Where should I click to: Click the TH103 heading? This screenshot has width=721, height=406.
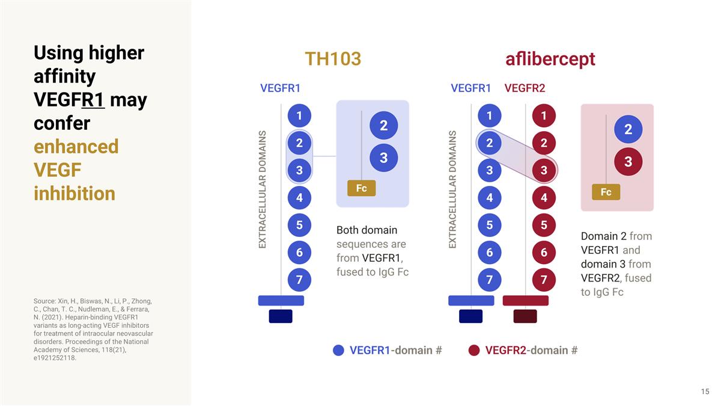(332, 59)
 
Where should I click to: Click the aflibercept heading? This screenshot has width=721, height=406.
(550, 59)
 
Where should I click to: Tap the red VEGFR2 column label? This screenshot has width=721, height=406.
(525, 88)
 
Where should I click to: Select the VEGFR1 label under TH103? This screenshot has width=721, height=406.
(280, 88)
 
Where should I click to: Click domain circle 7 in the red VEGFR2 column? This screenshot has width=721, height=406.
(544, 280)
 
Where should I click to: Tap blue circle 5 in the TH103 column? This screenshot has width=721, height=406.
(299, 225)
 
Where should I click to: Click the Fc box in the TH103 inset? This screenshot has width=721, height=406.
(361, 188)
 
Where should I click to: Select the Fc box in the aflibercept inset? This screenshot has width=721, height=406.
(606, 192)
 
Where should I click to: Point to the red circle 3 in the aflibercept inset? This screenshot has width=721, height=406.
(628, 162)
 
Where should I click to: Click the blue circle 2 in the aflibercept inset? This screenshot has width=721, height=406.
(628, 129)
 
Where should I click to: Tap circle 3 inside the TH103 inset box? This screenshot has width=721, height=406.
(383, 158)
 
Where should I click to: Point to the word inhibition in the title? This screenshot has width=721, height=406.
(75, 194)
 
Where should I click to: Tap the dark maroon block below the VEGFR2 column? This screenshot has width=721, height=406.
(525, 316)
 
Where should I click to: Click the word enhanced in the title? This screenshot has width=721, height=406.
(76, 147)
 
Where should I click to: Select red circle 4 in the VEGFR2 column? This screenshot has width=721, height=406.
(544, 197)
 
